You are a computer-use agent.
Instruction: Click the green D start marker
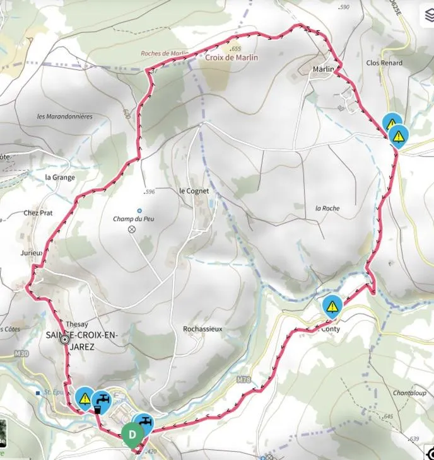click(132, 434)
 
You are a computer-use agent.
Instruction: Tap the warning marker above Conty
click(332, 307)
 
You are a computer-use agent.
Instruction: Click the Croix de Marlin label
click(232, 57)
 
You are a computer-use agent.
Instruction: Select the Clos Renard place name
click(384, 63)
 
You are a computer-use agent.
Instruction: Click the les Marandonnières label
click(65, 117)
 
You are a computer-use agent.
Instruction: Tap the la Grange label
click(60, 178)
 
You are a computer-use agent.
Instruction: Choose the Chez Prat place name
click(38, 213)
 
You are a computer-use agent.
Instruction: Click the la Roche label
click(327, 208)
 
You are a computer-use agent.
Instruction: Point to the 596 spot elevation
click(150, 192)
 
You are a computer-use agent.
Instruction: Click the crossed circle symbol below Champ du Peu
click(132, 229)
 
